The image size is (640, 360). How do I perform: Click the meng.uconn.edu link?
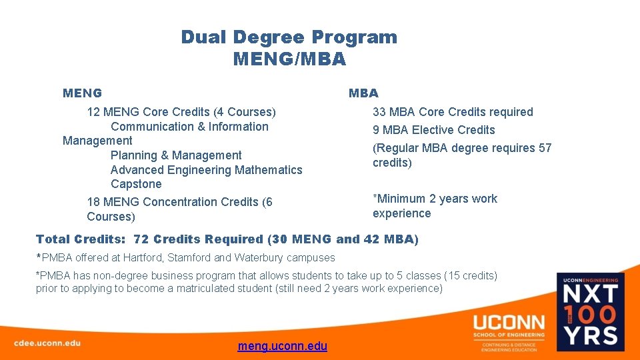(282, 346)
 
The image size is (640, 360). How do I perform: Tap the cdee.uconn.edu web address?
(47, 343)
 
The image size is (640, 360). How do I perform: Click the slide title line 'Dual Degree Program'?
(289, 37)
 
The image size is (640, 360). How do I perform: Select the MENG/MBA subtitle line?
(289, 59)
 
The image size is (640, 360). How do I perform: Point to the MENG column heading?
(82, 93)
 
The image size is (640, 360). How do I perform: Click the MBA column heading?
(363, 93)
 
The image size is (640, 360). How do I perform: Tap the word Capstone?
(136, 184)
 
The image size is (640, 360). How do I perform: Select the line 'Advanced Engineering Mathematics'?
(206, 170)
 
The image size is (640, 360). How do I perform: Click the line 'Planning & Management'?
(176, 155)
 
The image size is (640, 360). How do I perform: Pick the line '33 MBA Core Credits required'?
(453, 112)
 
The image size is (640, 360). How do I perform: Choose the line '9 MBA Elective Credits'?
(433, 130)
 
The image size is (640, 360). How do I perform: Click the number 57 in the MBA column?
(545, 148)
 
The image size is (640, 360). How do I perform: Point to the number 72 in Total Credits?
(141, 239)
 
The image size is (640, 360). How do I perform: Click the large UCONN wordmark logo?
(509, 321)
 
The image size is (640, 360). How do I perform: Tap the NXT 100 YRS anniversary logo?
(591, 313)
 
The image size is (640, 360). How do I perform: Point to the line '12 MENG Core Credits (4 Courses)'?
(181, 112)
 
